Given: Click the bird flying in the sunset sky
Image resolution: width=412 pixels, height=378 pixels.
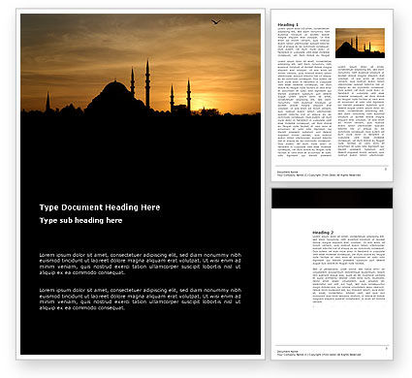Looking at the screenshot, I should tap(215, 21).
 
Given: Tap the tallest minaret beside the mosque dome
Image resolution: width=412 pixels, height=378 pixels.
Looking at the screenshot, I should tap(146, 83).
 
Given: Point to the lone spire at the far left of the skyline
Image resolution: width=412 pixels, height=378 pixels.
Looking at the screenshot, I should tap(48, 101).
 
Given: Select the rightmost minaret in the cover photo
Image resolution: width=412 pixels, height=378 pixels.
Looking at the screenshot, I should tap(189, 94).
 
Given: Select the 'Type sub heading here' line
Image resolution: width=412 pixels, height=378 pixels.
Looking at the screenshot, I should tap(84, 221).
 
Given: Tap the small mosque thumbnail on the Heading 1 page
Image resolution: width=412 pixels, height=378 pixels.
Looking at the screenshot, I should tap(359, 42).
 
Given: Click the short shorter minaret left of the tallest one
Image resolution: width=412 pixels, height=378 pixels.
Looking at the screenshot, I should tap(132, 86).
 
